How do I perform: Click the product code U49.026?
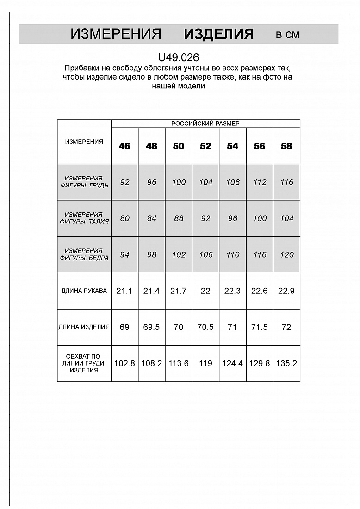(x=179, y=57)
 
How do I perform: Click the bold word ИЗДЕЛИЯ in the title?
(x=218, y=34)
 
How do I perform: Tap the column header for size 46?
(x=124, y=146)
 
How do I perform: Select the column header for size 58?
(x=286, y=146)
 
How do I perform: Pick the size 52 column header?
(x=205, y=146)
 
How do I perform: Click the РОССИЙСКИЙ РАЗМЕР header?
(x=205, y=124)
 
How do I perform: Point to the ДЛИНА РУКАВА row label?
(x=84, y=291)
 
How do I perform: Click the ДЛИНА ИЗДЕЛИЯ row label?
(x=84, y=327)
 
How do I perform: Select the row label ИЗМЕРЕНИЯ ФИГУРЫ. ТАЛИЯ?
(x=84, y=218)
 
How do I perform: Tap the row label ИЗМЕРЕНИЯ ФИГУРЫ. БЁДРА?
(x=84, y=254)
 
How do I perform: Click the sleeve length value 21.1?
(x=124, y=291)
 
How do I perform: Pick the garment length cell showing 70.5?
(x=205, y=327)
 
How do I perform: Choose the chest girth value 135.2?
(x=286, y=364)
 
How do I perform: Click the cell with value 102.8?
(x=124, y=364)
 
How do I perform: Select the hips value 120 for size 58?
(x=286, y=255)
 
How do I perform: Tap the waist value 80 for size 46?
(x=124, y=218)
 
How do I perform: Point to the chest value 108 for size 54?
(x=232, y=182)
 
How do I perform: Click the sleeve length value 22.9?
(x=286, y=291)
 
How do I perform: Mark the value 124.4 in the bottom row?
(x=232, y=364)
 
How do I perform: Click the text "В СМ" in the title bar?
(x=287, y=35)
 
